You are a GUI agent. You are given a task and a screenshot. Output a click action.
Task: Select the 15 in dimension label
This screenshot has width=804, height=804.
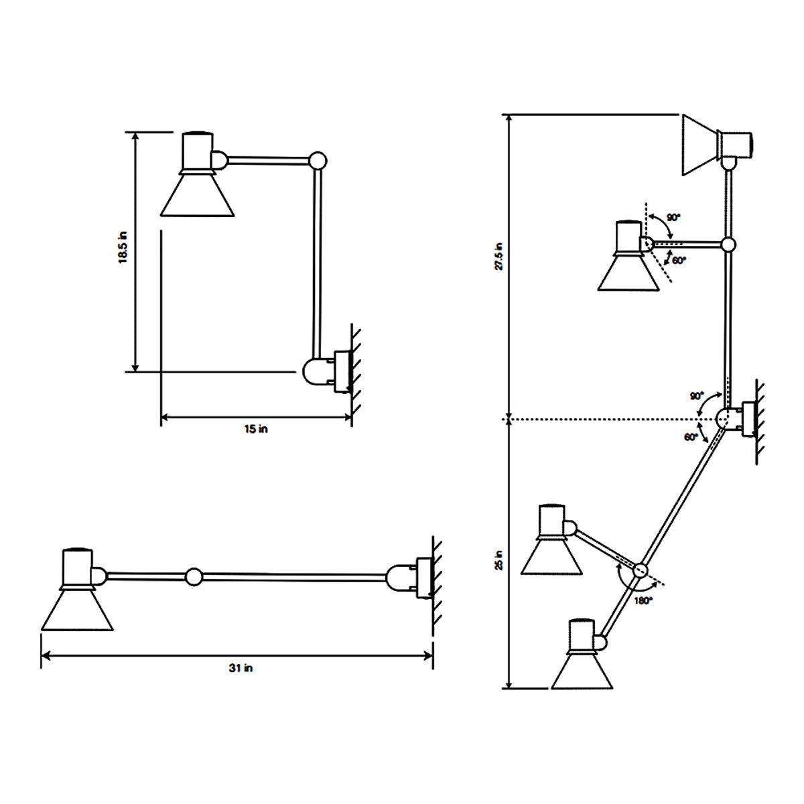[x=255, y=429]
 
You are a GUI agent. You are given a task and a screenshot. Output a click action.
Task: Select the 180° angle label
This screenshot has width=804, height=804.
[x=643, y=601]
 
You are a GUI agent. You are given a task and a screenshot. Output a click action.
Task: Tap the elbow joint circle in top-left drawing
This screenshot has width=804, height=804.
[x=318, y=160]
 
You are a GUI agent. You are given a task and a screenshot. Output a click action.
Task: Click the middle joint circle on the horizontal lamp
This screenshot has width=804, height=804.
[x=194, y=576]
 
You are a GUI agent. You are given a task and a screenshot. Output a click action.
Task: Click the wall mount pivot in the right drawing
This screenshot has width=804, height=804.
[x=725, y=418]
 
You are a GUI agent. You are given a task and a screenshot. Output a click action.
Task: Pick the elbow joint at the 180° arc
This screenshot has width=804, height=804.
[x=640, y=570]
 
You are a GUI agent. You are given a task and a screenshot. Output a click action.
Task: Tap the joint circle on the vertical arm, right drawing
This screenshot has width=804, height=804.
[x=729, y=245]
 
